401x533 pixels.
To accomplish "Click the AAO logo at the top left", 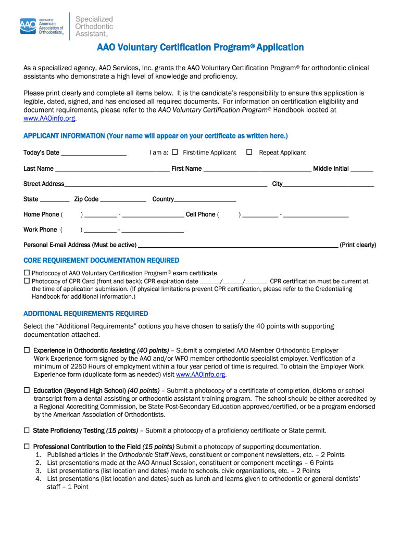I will (x=42, y=26).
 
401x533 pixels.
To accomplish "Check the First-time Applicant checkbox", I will (x=175, y=153).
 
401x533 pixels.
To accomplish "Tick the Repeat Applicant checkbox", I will (x=249, y=153).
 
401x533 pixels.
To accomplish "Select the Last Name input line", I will (x=112, y=170).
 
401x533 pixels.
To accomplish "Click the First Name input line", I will (x=257, y=170).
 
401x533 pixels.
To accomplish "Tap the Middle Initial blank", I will (x=362, y=170).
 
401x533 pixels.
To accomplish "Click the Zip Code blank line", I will (x=123, y=200).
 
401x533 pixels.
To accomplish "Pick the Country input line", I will (x=205, y=200).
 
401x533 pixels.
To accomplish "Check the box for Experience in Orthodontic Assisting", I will (x=27, y=351).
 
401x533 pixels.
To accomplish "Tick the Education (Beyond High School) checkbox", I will (x=27, y=390).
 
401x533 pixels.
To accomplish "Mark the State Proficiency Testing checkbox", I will (x=27, y=430).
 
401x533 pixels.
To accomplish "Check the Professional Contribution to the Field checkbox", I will (x=27, y=447).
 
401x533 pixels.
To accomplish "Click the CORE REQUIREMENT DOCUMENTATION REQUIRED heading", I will (x=101, y=260).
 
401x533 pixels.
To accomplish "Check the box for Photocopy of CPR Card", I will (x=27, y=281).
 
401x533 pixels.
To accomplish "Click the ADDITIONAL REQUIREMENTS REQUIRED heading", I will (x=85, y=313).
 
